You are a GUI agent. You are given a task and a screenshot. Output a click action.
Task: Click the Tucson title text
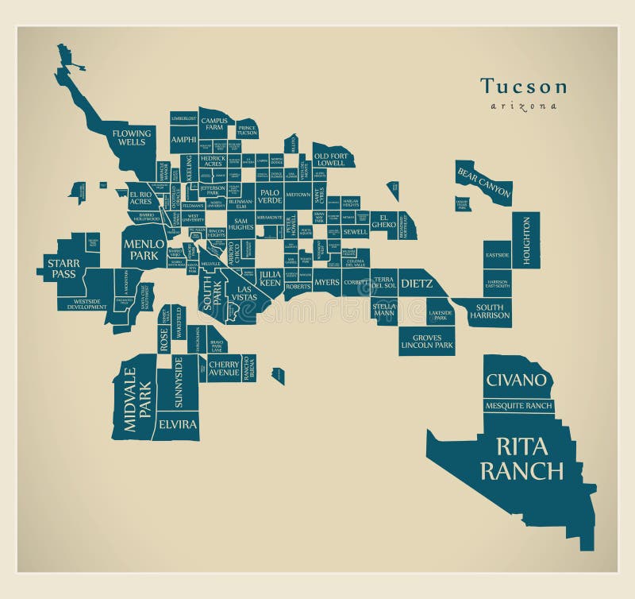(523, 87)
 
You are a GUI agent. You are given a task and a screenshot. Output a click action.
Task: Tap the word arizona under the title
(523, 106)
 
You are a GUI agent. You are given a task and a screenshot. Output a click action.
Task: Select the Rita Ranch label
(521, 458)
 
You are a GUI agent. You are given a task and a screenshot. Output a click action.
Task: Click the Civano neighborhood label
(517, 380)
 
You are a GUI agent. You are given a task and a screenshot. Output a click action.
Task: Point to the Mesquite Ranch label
(518, 406)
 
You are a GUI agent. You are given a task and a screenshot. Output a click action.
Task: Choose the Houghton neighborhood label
(525, 241)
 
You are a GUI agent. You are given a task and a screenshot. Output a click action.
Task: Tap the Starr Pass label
(62, 269)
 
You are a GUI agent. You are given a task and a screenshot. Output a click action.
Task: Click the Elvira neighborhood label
(177, 424)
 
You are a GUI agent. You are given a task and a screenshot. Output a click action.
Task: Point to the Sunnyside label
(179, 382)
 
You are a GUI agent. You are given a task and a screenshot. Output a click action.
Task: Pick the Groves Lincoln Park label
(427, 342)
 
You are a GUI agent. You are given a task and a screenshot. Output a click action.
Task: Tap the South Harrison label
(489, 312)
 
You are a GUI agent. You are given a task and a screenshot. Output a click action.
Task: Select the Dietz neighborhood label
(415, 283)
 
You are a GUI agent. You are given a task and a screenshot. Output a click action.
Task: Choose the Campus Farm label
(214, 123)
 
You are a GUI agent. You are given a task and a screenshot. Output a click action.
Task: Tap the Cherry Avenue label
(224, 368)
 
